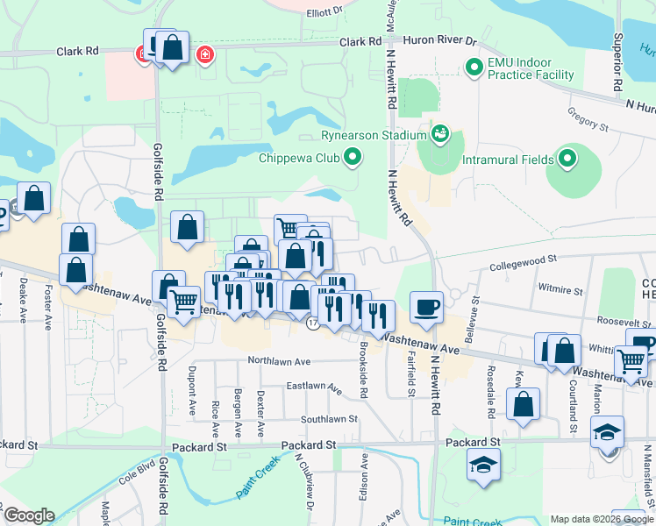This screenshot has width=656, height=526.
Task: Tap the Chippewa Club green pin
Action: click(x=353, y=158)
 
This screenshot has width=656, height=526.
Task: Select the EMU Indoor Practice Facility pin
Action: click(x=474, y=67)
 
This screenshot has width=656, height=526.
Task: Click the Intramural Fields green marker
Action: click(x=567, y=159)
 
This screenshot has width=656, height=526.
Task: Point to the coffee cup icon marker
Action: click(x=426, y=307)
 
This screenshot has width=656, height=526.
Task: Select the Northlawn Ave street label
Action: click(x=280, y=360)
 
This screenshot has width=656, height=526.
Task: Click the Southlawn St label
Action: click(x=329, y=419)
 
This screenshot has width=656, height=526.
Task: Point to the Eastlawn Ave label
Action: click(x=314, y=386)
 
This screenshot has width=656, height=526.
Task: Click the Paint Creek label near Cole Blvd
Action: click(x=262, y=480)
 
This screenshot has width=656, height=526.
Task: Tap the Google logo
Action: click(x=28, y=515)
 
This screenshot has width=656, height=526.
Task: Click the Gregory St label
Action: click(x=588, y=127)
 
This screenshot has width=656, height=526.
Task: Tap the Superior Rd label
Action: click(x=618, y=53)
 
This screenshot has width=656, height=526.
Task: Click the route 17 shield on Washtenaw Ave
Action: click(x=312, y=323)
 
